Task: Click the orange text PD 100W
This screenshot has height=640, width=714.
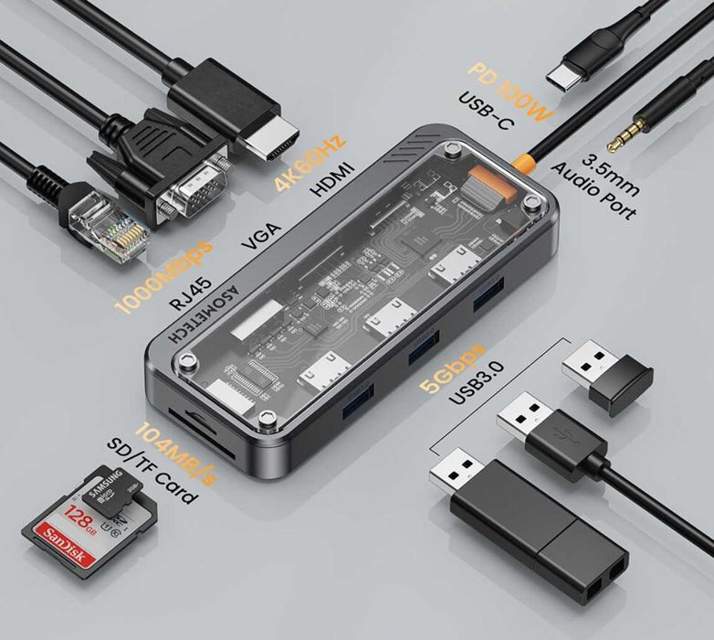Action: pyautogui.click(x=512, y=92)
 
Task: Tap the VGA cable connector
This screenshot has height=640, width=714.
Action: pyautogui.click(x=187, y=175)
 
